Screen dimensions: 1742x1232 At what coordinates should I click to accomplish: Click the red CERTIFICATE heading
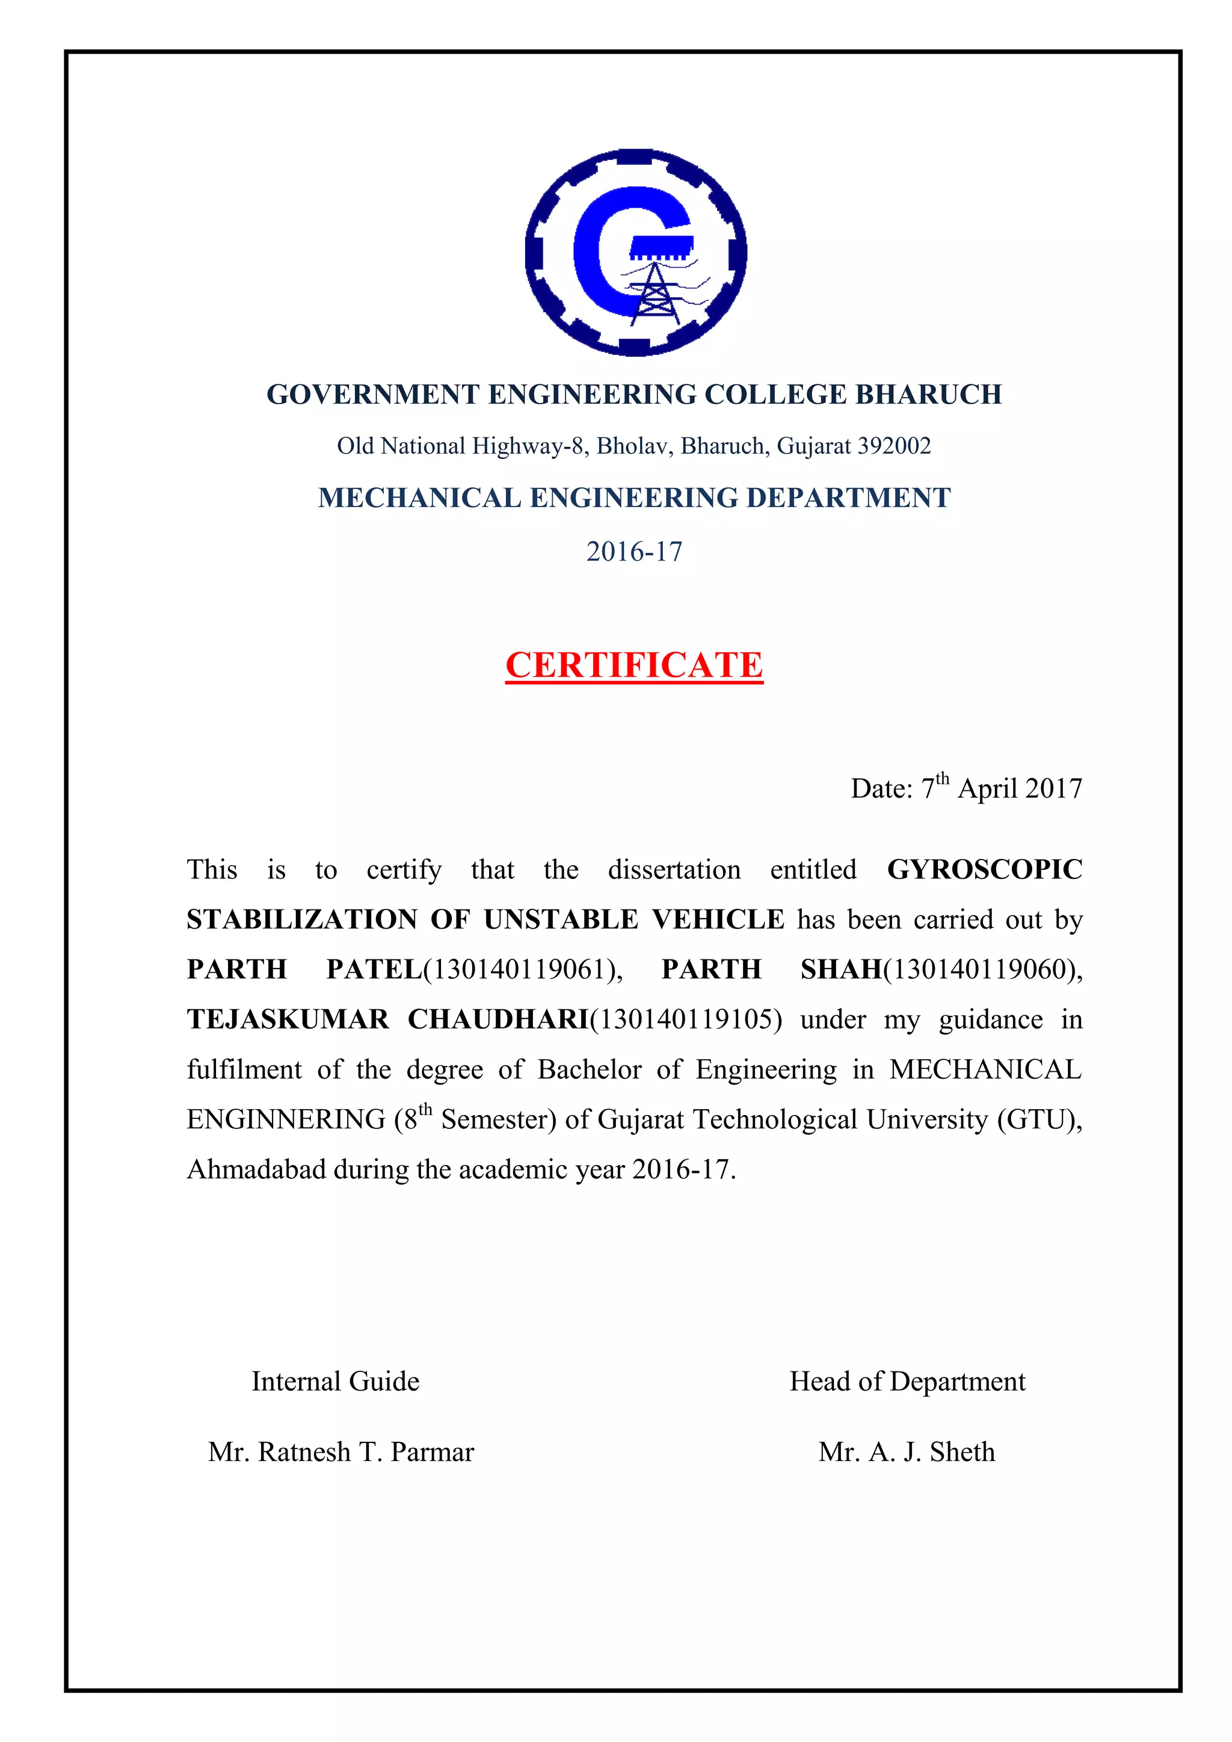[x=633, y=665]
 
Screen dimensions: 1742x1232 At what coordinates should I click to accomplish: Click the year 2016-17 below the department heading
[x=633, y=552]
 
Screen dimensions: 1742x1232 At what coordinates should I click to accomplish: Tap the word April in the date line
[x=988, y=789]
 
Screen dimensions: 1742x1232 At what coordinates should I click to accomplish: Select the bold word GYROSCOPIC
[x=984, y=869]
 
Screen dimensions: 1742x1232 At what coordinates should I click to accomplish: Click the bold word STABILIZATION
[x=302, y=920]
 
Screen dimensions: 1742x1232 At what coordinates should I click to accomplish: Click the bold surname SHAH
[x=840, y=970]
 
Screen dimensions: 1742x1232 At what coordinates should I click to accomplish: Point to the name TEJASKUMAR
[x=288, y=1020]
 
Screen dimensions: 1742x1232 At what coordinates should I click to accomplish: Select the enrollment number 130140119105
[x=685, y=1020]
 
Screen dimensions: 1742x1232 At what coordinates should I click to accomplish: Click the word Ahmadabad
[x=256, y=1169]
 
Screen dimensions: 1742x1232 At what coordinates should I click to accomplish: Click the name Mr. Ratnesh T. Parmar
[x=340, y=1452]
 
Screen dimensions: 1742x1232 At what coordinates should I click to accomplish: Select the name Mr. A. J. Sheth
[x=907, y=1452]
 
